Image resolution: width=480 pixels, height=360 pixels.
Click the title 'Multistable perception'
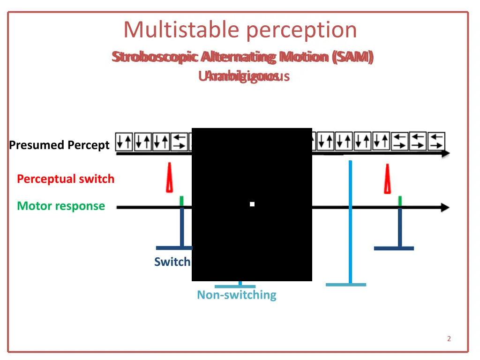(240, 30)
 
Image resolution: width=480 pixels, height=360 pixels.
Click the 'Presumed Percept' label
(59, 145)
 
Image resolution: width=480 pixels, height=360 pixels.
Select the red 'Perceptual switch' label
(66, 179)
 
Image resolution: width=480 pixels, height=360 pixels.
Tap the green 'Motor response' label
(61, 206)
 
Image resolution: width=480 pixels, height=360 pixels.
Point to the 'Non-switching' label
(236, 295)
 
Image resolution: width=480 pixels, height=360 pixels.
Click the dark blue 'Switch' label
(172, 262)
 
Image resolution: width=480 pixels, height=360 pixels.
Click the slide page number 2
(449, 339)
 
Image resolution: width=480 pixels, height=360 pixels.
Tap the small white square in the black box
(252, 204)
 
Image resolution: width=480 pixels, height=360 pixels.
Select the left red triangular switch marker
(169, 178)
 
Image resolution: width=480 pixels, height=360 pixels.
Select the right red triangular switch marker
(388, 179)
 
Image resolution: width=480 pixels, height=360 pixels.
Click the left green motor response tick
(182, 201)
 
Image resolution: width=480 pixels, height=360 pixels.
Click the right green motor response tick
(400, 201)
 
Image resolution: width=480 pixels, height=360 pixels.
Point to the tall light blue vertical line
(350, 220)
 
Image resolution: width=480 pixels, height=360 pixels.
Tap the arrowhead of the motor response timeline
(445, 208)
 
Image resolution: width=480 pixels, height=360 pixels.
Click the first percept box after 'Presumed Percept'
(124, 141)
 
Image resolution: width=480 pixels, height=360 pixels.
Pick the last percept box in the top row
(436, 141)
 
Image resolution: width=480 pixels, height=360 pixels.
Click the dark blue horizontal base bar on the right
(394, 248)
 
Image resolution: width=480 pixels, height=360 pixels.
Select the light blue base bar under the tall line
(346, 285)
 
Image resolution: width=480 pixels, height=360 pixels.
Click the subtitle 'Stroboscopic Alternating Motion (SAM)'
(243, 57)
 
